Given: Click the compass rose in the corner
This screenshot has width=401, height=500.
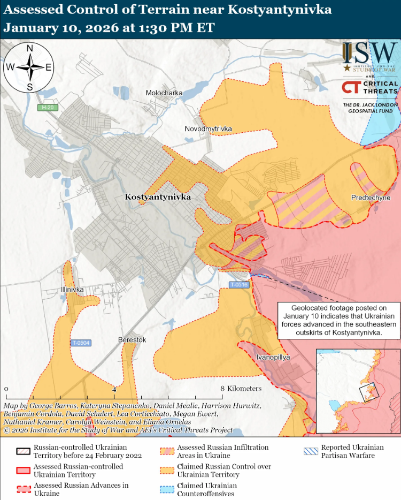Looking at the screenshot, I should click(30, 67).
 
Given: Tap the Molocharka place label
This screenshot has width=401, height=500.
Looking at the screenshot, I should click(164, 93).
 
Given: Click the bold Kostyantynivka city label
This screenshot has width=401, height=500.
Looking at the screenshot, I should click(158, 197).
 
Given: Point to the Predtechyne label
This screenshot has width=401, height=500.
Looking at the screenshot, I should click(370, 198).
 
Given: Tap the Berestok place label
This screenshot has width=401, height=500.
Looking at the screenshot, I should click(132, 340).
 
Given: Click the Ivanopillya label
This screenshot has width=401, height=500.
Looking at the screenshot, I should click(273, 357).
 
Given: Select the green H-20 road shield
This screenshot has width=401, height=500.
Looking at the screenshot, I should click(49, 108).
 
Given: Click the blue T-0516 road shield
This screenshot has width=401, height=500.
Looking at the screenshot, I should click(239, 285).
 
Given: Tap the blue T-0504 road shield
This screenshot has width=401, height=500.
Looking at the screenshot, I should click(81, 343).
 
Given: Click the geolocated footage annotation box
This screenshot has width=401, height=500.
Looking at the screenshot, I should click(338, 320).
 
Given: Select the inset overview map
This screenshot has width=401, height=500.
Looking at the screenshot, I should click(358, 391).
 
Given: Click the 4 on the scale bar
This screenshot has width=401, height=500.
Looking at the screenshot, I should click(114, 389).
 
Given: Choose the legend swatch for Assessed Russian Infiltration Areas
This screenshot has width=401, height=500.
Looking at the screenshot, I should click(167, 451).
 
